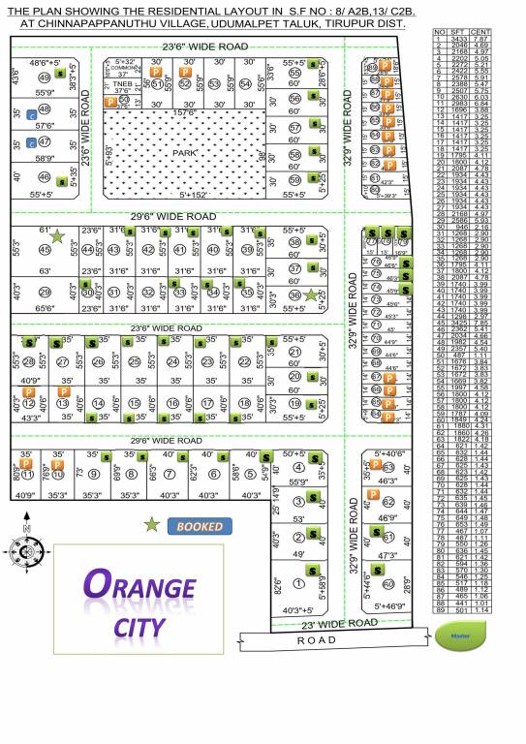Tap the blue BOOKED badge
pyautogui.click(x=201, y=526)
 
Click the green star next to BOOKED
pyautogui.click(x=152, y=524)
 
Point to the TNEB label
pyautogui.click(x=121, y=83)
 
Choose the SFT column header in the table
pyautogui.click(x=458, y=32)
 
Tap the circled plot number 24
pyautogui.click(x=171, y=361)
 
